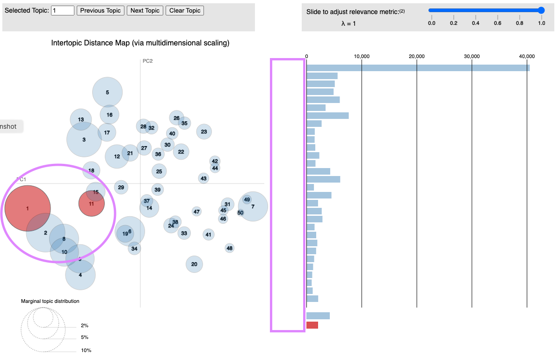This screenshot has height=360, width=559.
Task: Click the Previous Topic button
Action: pyautogui.click(x=100, y=10)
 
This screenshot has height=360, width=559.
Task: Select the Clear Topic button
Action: pyautogui.click(x=184, y=10)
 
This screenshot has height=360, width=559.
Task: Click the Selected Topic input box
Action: pyautogui.click(x=63, y=10)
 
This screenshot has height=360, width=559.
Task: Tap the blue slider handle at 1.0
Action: pyautogui.click(x=541, y=10)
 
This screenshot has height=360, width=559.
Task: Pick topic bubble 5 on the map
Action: pyautogui.click(x=107, y=92)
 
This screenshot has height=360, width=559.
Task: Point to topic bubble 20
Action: pyautogui.click(x=194, y=264)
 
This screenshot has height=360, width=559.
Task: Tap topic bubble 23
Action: pyautogui.click(x=204, y=132)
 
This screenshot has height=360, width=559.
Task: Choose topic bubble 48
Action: pyautogui.click(x=229, y=248)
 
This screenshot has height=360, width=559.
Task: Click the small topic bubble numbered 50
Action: pyautogui.click(x=240, y=213)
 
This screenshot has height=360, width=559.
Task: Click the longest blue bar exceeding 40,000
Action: pyautogui.click(x=418, y=68)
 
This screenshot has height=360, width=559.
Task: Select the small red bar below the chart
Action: pyautogui.click(x=312, y=325)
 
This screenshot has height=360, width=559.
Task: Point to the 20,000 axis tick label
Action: pyautogui.click(x=416, y=56)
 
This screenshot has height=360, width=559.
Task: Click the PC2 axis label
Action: pyautogui.click(x=148, y=61)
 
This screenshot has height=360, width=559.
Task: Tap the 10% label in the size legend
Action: pyautogui.click(x=86, y=350)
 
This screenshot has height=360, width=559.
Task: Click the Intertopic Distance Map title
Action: pyautogui.click(x=140, y=43)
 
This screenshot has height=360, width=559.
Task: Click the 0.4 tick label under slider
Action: pyautogui.click(x=475, y=22)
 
